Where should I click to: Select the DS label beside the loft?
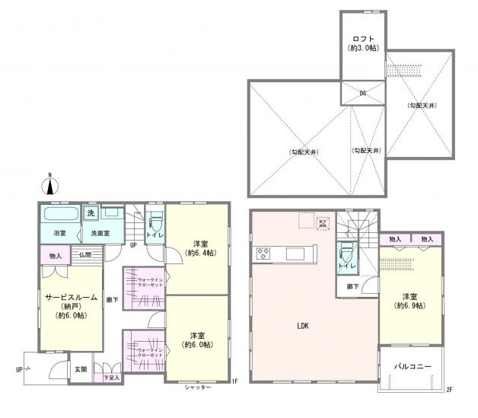[x=363, y=94]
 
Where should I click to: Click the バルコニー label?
[x=413, y=366]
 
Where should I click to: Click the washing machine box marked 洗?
[x=91, y=212]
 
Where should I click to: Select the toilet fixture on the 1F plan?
[x=156, y=223]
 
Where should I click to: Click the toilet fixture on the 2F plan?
[x=347, y=251]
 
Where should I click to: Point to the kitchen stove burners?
[x=263, y=254]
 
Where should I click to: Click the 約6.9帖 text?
[x=410, y=305]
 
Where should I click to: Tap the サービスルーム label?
[x=70, y=298]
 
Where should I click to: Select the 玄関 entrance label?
[x=80, y=369]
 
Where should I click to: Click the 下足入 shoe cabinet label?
[x=112, y=377]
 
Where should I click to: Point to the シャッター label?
[x=197, y=388]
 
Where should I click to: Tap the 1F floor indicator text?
[x=235, y=382]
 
